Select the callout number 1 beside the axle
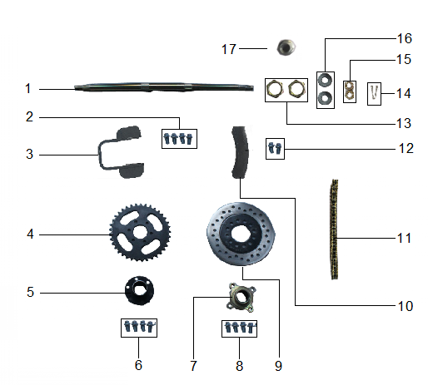coord(27,88)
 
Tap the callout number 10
coord(405,306)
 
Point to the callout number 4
coord(29,234)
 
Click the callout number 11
coord(404,239)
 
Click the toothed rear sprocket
coord(135,235)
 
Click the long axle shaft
coord(167,88)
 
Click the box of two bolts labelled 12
coord(276,149)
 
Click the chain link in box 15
coord(352,88)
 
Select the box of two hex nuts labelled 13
coord(283,87)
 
